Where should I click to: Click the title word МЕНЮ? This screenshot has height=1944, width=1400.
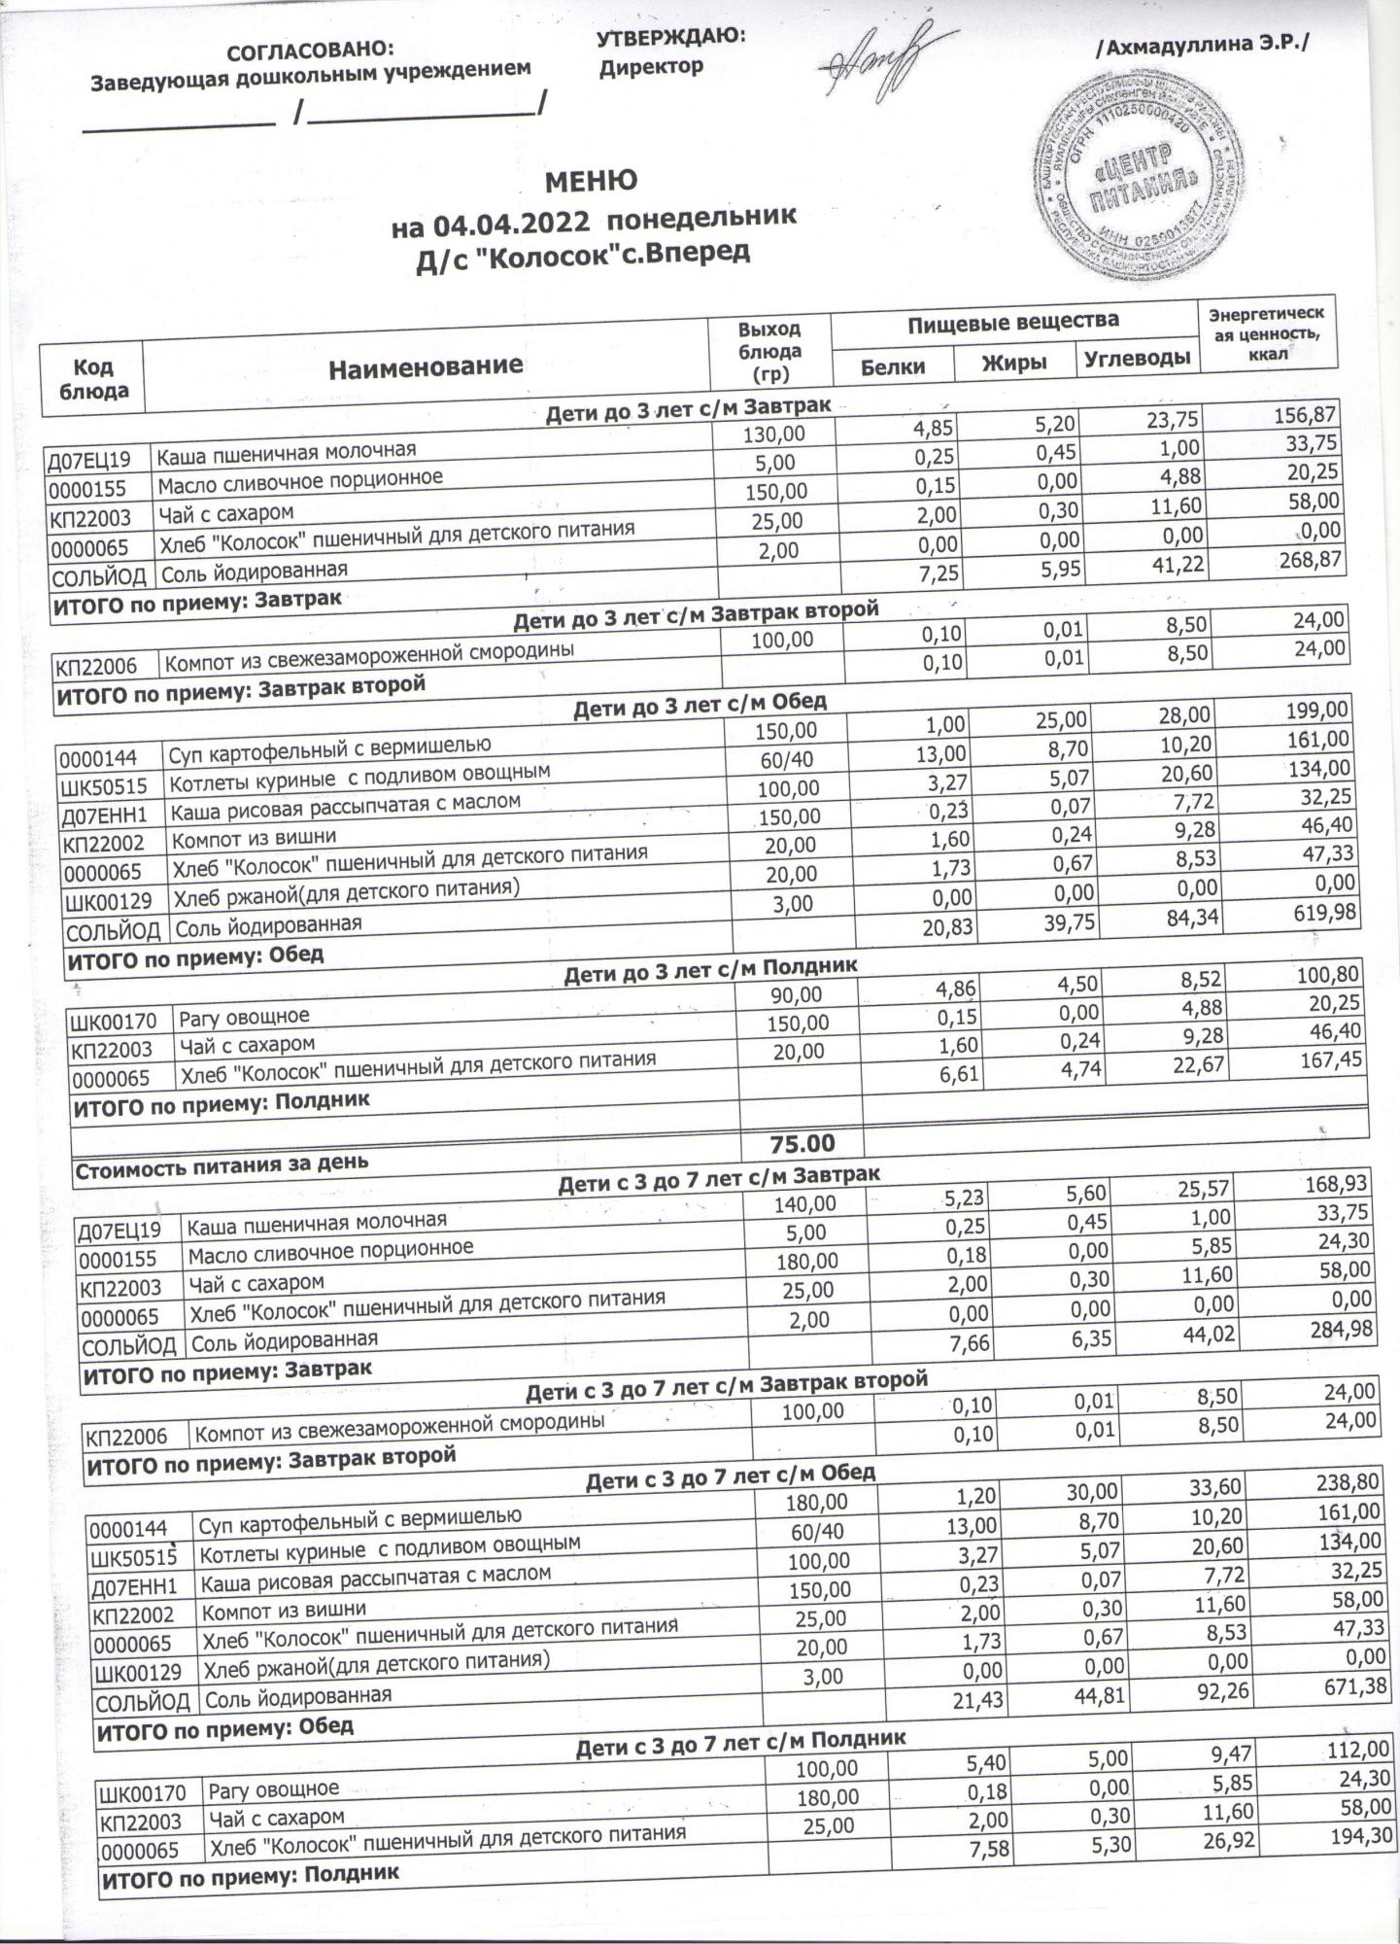tap(591, 182)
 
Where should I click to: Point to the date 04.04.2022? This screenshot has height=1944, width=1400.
tap(512, 225)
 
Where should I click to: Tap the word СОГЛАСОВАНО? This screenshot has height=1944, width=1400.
tap(311, 49)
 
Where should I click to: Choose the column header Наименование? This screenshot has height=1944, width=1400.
tap(425, 365)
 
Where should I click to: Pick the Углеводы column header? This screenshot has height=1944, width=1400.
tap(1137, 359)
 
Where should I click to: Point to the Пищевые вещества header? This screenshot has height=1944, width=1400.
tap(1013, 321)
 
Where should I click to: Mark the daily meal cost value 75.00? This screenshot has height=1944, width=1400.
tap(802, 1143)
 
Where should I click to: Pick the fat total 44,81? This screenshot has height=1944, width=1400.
tap(1093, 1692)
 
